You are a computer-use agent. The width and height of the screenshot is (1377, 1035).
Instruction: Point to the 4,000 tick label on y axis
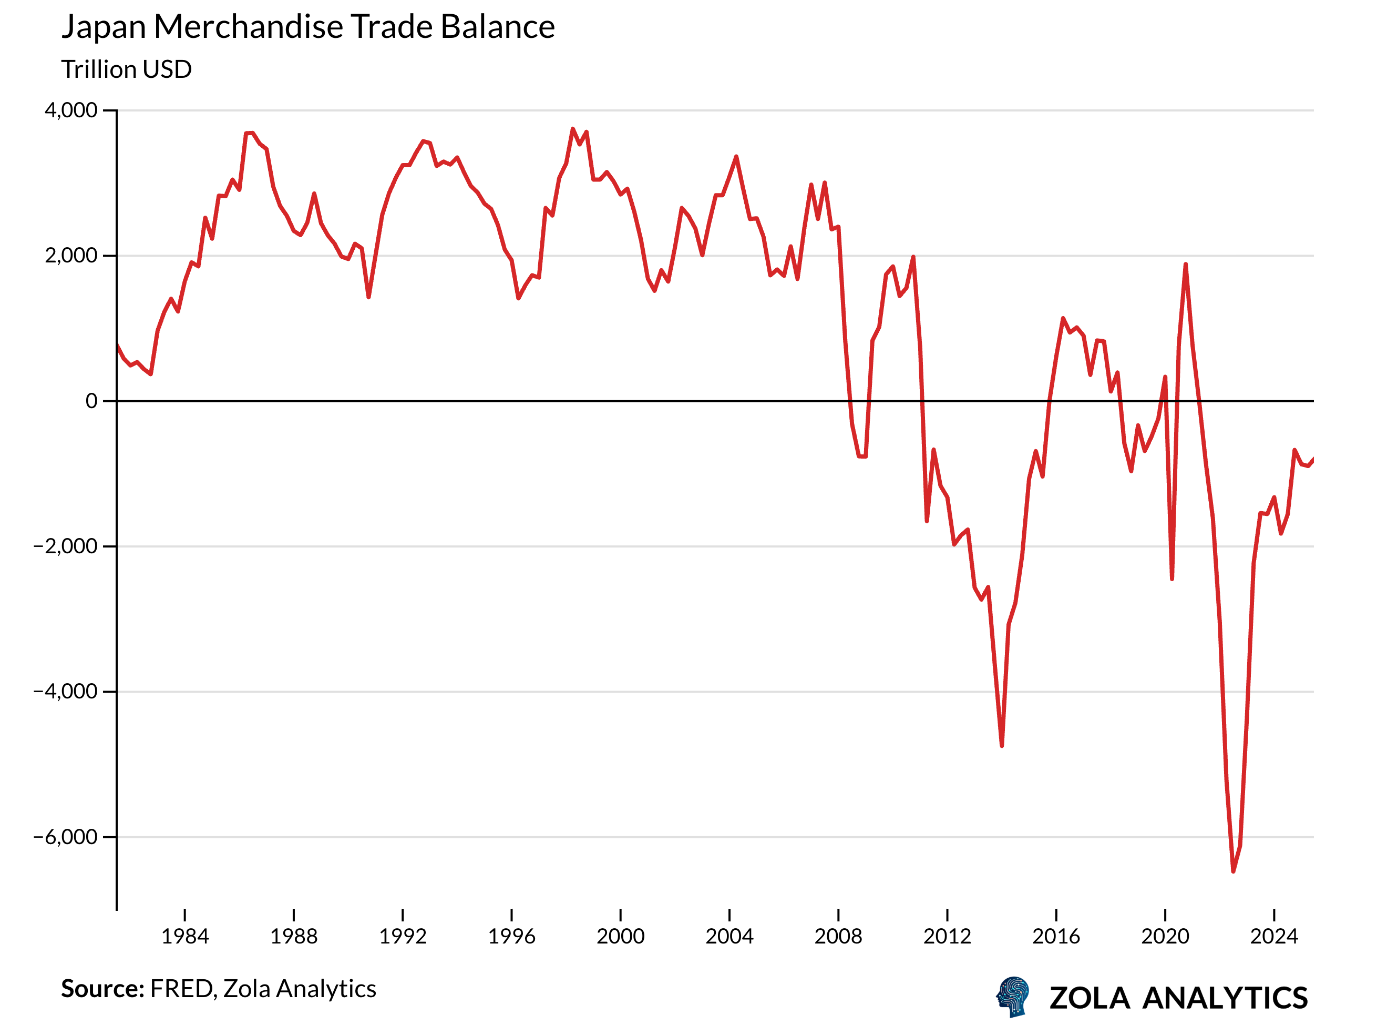[71, 110]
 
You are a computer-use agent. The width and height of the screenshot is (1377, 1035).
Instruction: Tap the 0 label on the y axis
[91, 401]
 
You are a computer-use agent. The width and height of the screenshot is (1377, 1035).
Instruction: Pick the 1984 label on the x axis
[185, 937]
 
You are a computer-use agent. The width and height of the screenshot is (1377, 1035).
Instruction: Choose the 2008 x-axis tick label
[838, 937]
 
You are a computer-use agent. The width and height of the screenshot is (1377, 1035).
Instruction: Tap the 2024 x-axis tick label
[1275, 937]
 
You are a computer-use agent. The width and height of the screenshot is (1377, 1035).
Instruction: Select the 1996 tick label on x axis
[512, 937]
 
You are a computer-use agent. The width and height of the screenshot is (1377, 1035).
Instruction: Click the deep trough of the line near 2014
[1002, 745]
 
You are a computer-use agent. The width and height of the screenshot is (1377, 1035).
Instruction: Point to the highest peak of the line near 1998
[573, 129]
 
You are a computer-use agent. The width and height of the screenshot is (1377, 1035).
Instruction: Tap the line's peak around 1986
[250, 133]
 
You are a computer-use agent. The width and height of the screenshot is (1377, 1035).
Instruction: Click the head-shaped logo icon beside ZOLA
[1013, 997]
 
